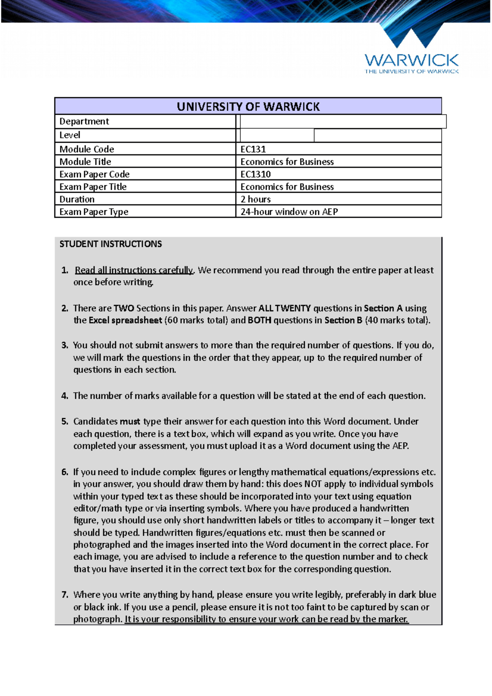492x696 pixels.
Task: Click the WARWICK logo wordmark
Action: (411, 61)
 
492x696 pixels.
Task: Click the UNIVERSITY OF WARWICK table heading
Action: (248, 107)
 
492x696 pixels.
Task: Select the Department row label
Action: (84, 121)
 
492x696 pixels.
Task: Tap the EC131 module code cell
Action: (253, 149)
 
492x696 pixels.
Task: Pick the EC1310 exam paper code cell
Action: (255, 174)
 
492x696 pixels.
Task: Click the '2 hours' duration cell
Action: (255, 199)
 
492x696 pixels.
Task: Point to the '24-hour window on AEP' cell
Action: (289, 212)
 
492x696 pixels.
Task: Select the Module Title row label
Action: (85, 161)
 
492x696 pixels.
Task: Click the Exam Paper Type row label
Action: (94, 212)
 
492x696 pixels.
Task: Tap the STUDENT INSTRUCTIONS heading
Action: (111, 244)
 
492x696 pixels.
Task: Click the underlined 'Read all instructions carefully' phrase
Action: (134, 270)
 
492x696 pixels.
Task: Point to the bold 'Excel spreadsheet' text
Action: (125, 320)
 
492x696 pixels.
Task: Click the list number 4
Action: (64, 396)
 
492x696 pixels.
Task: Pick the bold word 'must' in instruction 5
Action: (130, 421)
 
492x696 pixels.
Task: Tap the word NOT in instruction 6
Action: (312, 484)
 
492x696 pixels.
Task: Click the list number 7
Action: (64, 595)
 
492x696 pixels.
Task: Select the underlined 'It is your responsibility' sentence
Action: (266, 619)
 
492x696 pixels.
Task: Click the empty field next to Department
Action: (343, 121)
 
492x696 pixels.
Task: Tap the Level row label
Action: (70, 135)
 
